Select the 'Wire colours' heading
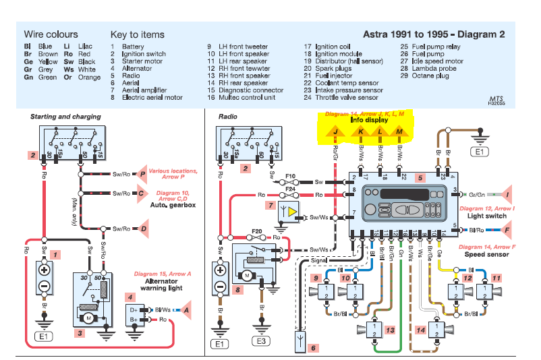pyautogui.click(x=51, y=34)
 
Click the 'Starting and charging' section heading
pyautogui.click(x=65, y=117)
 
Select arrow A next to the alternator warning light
pyautogui.click(x=186, y=309)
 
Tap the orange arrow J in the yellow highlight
pyautogui.click(x=335, y=131)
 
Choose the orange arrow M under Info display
pyautogui.click(x=400, y=131)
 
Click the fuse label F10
pyautogui.click(x=289, y=177)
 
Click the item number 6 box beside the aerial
pyautogui.click(x=312, y=348)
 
